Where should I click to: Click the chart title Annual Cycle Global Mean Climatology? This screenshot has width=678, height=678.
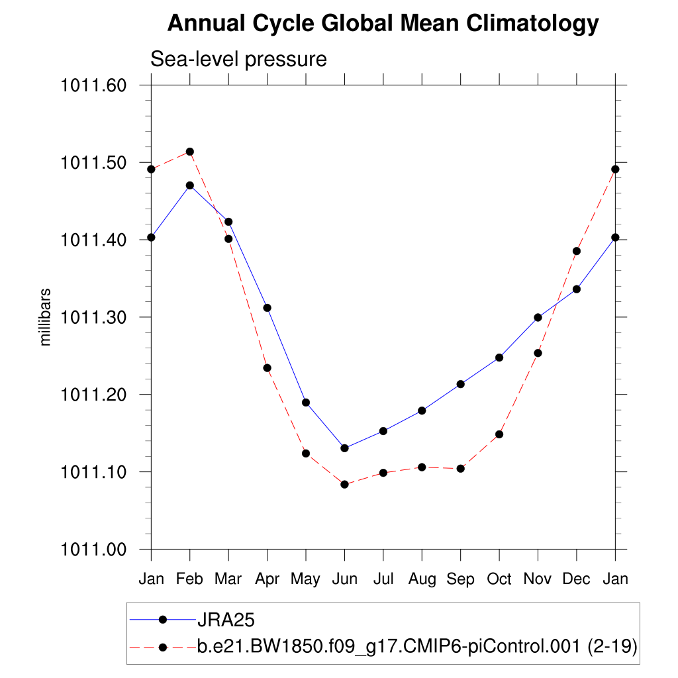pyautogui.click(x=383, y=24)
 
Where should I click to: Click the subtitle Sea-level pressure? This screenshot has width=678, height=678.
pyautogui.click(x=238, y=59)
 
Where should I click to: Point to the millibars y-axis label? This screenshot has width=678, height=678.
pyautogui.click(x=46, y=317)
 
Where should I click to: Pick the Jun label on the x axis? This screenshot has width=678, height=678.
pyautogui.click(x=344, y=579)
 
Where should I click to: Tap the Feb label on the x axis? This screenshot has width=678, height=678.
pyautogui.click(x=190, y=579)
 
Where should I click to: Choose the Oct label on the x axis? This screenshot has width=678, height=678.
pyautogui.click(x=499, y=579)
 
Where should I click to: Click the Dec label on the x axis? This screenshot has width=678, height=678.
pyautogui.click(x=577, y=579)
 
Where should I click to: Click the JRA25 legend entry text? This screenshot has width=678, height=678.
pyautogui.click(x=226, y=620)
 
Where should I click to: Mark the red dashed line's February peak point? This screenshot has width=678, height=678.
pyautogui.click(x=190, y=152)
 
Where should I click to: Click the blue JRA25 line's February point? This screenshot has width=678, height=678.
pyautogui.click(x=190, y=185)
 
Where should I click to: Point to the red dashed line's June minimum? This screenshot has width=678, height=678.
pyautogui.click(x=344, y=485)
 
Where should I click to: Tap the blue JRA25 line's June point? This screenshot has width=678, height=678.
pyautogui.click(x=344, y=448)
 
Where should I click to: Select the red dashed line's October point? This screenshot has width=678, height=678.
pyautogui.click(x=499, y=434)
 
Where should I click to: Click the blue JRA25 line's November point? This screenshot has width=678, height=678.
pyautogui.click(x=538, y=317)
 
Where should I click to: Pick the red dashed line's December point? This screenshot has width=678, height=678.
pyautogui.click(x=577, y=251)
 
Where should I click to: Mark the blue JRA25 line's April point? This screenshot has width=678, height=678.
pyautogui.click(x=267, y=308)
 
